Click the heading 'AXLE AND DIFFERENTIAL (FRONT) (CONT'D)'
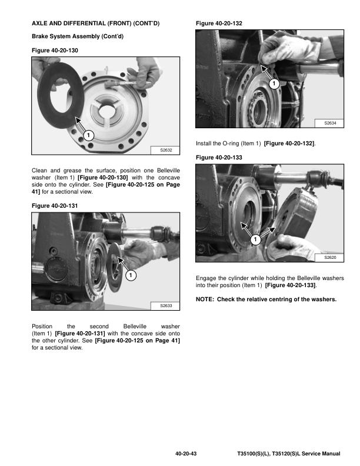(95, 23)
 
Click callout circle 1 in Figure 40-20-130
(88, 136)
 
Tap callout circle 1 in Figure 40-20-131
(131, 275)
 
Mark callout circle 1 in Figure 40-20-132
(274, 85)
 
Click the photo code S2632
(165, 151)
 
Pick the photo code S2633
(165, 306)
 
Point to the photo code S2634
(329, 123)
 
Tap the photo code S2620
(329, 258)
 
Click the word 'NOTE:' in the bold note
(205, 299)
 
